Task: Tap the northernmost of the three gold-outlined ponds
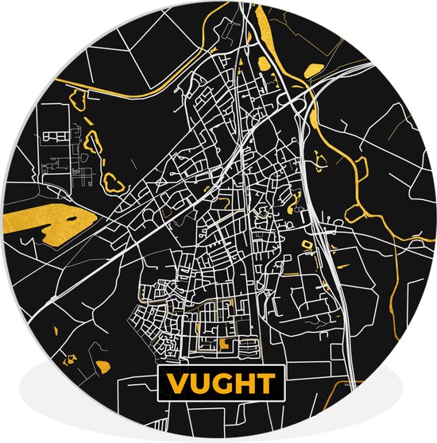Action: point(79,99)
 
